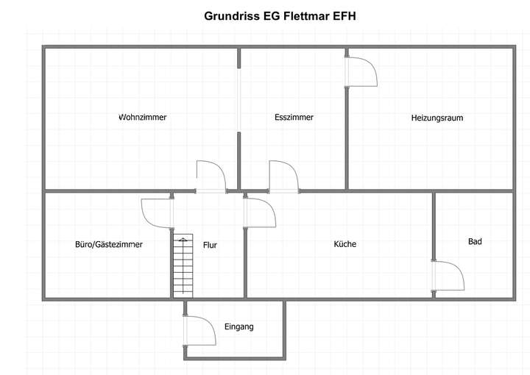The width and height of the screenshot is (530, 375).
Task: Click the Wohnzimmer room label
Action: pos(143,117)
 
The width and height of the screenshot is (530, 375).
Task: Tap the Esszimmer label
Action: pos(294,117)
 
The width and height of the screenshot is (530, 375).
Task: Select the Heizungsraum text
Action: pos(437,118)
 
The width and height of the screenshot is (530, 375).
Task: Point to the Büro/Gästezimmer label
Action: pos(109,244)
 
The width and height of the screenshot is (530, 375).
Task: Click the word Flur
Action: pos(210,245)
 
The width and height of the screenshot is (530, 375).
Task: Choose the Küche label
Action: pos(344,243)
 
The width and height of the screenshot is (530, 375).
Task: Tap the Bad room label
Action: pos(475,241)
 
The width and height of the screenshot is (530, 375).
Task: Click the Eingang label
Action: pos(239,326)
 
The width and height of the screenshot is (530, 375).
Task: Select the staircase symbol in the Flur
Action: pos(183,266)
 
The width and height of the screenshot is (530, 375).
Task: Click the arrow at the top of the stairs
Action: pos(183,240)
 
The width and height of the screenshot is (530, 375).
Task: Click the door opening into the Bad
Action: pos(448,276)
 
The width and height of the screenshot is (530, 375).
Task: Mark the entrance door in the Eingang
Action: pos(199,331)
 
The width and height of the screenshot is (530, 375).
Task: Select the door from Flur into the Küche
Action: pos(260,213)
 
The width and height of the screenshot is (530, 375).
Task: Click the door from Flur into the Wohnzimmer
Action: pos(211,177)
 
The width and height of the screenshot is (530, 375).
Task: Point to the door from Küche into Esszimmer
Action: pos(284,177)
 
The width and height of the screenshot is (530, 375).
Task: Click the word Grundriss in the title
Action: pos(232,16)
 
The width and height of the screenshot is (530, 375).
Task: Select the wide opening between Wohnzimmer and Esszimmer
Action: pos(239,100)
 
